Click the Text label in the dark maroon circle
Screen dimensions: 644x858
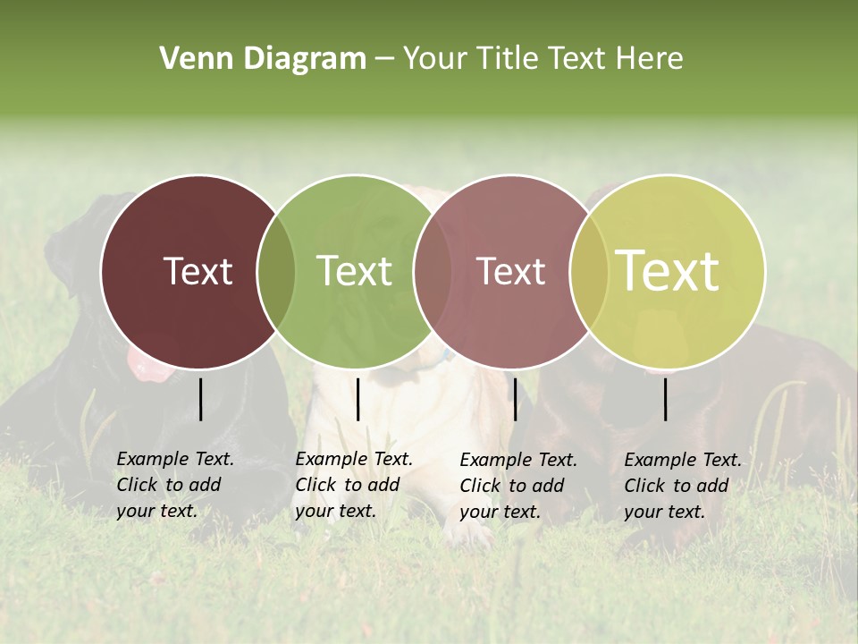coord(198,271)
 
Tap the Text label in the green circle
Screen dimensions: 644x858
coord(354,271)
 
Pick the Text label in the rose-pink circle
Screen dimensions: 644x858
coord(510,271)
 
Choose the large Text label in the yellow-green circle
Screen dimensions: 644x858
coord(668,271)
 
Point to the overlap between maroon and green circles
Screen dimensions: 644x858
coord(276,272)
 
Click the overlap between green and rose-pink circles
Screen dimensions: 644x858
coord(433,272)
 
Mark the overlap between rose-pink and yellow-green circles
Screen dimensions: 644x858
coord(589,272)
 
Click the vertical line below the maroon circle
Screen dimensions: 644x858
coord(200,399)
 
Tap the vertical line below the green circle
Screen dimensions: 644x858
coord(357,399)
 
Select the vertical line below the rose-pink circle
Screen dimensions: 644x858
coord(515,399)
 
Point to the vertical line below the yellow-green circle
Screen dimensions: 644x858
coord(666,399)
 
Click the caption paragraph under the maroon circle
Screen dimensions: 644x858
coord(175,485)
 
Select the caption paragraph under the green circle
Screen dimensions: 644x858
coord(354,485)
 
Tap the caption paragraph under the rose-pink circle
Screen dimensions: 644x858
coord(518,486)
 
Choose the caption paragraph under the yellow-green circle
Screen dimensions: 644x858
coord(683,486)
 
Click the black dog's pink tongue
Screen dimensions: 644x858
coord(143,362)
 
